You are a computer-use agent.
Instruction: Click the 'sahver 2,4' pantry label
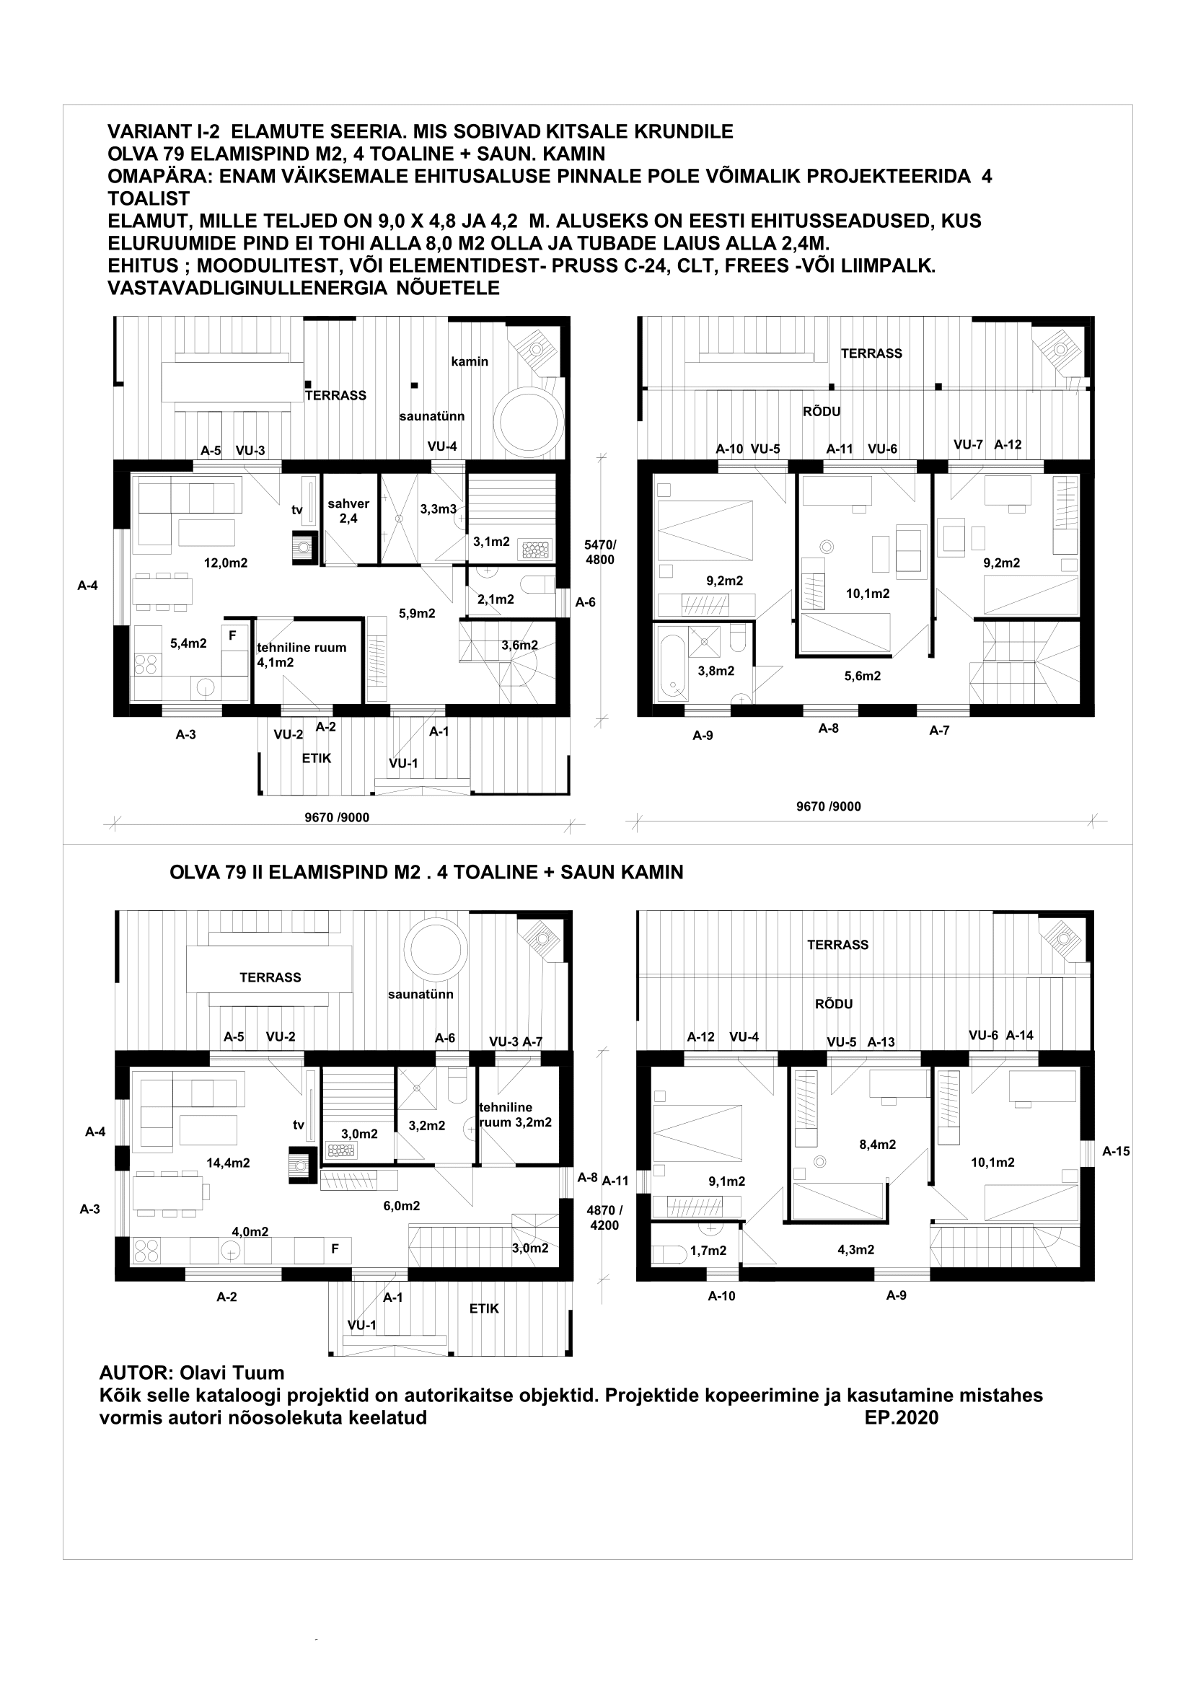click(x=348, y=511)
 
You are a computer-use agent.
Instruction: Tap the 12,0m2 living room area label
click(x=226, y=563)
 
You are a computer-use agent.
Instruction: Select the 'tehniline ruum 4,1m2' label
click(x=301, y=655)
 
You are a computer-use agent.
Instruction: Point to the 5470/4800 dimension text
click(x=600, y=552)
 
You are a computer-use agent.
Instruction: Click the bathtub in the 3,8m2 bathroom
click(x=672, y=664)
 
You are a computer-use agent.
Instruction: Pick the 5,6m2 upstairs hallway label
click(x=863, y=676)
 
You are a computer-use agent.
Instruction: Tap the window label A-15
click(x=1116, y=1151)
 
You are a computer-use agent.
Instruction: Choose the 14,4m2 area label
click(x=228, y=1163)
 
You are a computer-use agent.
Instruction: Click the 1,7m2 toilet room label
click(x=708, y=1251)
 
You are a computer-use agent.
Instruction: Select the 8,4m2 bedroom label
click(x=877, y=1144)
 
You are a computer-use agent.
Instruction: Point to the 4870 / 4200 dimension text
click(x=604, y=1217)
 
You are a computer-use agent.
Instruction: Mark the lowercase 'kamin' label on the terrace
click(x=470, y=361)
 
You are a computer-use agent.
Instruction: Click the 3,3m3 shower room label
click(x=438, y=508)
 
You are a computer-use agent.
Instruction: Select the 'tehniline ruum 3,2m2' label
click(x=515, y=1114)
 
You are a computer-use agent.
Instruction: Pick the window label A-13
click(x=881, y=1042)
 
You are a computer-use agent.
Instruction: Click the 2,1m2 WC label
click(x=495, y=599)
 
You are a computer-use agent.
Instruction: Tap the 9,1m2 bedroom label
click(x=726, y=1181)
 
